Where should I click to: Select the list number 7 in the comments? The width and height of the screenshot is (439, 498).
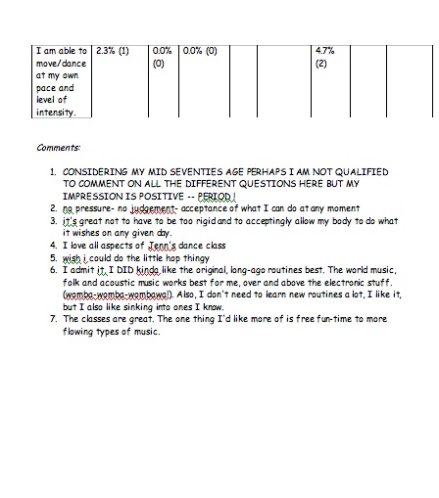pos(54,319)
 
